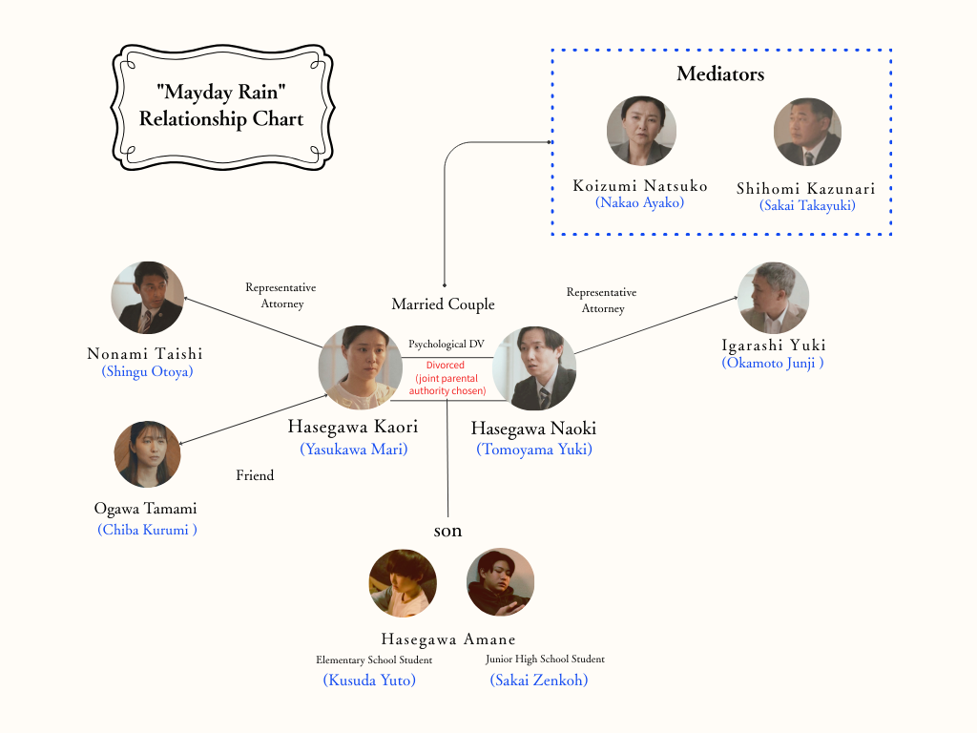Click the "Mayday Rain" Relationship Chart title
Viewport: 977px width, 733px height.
click(x=221, y=106)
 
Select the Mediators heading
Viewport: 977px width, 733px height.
click(x=720, y=74)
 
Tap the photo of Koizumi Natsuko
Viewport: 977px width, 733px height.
click(x=641, y=131)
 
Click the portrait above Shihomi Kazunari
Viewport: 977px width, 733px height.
click(x=806, y=133)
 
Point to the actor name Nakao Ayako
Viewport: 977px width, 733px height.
click(x=640, y=202)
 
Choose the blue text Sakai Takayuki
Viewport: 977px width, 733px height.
click(x=807, y=204)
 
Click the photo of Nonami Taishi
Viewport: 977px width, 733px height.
click(x=147, y=298)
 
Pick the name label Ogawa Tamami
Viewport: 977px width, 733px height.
click(x=145, y=509)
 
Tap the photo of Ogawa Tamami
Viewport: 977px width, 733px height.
click(x=147, y=455)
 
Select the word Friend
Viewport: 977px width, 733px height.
click(x=255, y=475)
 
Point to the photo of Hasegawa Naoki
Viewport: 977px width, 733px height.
click(x=534, y=368)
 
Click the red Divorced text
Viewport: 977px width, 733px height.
click(x=446, y=366)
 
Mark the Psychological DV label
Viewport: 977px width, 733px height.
click(x=447, y=344)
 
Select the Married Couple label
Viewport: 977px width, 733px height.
click(x=443, y=304)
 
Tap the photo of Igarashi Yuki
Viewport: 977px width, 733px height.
click(x=773, y=298)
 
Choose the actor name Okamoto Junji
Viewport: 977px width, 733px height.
click(x=773, y=363)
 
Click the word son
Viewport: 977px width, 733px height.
click(x=447, y=531)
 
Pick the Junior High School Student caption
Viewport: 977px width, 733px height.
click(x=545, y=660)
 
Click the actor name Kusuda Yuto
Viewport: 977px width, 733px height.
click(x=369, y=681)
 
